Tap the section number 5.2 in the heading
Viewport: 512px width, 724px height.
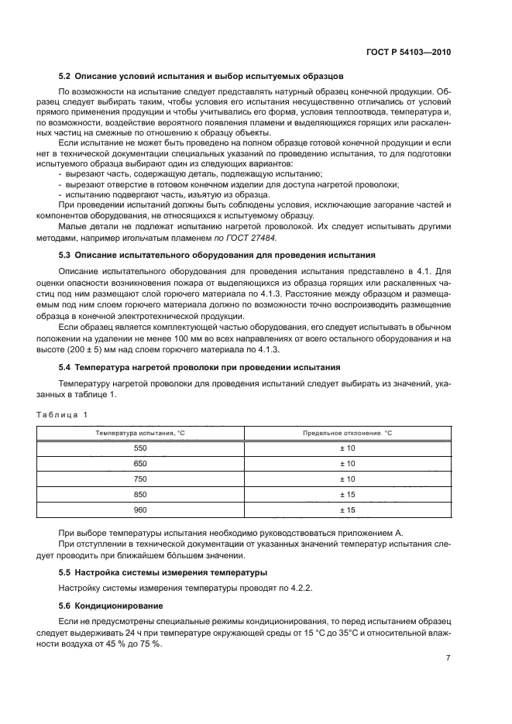[66, 76]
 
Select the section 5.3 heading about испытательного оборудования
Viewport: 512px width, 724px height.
[217, 254]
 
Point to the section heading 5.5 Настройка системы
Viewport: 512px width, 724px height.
[163, 572]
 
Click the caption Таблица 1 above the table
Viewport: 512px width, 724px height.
[63, 415]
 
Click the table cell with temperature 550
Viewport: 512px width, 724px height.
[140, 448]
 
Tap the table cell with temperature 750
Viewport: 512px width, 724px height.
[140, 479]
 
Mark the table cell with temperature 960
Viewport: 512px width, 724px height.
[140, 510]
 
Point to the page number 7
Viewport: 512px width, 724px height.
[448, 658]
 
